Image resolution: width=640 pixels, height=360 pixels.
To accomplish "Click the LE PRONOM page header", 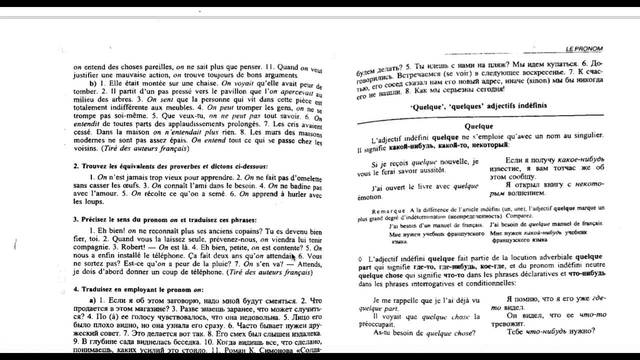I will [584, 49].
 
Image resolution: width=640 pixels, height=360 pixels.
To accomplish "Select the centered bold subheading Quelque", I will [478, 126].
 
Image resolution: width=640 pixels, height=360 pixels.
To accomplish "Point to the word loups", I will [81, 202].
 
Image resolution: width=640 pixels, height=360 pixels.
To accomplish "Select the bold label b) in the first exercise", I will [92, 83].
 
